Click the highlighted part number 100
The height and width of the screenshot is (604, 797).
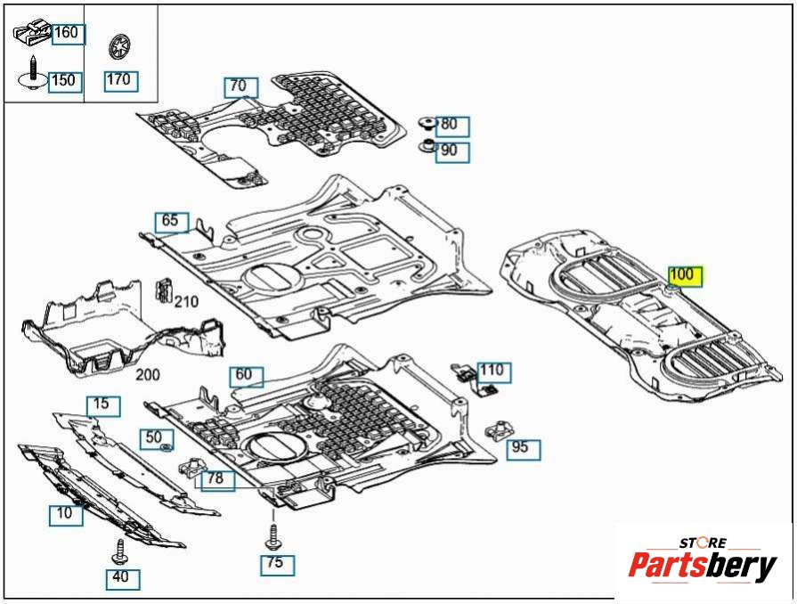685,274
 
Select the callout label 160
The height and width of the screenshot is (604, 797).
67,34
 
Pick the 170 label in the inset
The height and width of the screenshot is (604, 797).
118,79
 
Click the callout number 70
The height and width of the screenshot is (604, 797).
239,86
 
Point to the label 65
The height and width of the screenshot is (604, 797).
170,220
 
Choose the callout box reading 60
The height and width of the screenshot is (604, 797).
244,375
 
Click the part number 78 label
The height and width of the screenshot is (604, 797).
216,479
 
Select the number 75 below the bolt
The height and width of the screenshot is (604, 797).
276,563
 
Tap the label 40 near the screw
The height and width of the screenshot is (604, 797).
121,577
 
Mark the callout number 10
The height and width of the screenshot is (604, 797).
64,513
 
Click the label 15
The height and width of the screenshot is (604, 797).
102,404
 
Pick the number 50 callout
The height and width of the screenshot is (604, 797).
154,437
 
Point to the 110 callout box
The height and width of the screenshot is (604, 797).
492,371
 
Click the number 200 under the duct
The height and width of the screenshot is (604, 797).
148,376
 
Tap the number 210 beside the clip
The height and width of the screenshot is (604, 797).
186,302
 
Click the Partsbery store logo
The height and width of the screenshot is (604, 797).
703,561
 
